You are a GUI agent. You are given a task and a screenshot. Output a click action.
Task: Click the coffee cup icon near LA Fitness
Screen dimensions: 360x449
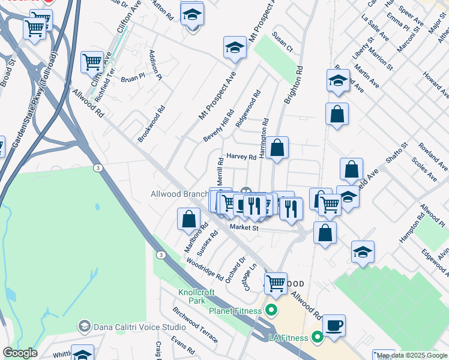click(x=334, y=326)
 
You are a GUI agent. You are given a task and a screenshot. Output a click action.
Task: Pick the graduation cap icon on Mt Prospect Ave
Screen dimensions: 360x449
click(x=235, y=49)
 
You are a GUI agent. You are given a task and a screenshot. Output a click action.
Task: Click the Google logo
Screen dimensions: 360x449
click(x=20, y=353)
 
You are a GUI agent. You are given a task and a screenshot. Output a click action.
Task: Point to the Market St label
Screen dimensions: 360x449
click(x=244, y=228)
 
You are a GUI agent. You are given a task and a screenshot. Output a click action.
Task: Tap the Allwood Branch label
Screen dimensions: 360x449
click(x=178, y=194)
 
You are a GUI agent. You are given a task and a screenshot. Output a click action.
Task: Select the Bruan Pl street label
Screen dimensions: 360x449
click(x=133, y=78)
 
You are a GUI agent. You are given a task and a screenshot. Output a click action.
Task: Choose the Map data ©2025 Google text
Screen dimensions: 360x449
click(x=412, y=355)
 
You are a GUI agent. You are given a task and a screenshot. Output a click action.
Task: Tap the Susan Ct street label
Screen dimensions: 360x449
click(x=282, y=41)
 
